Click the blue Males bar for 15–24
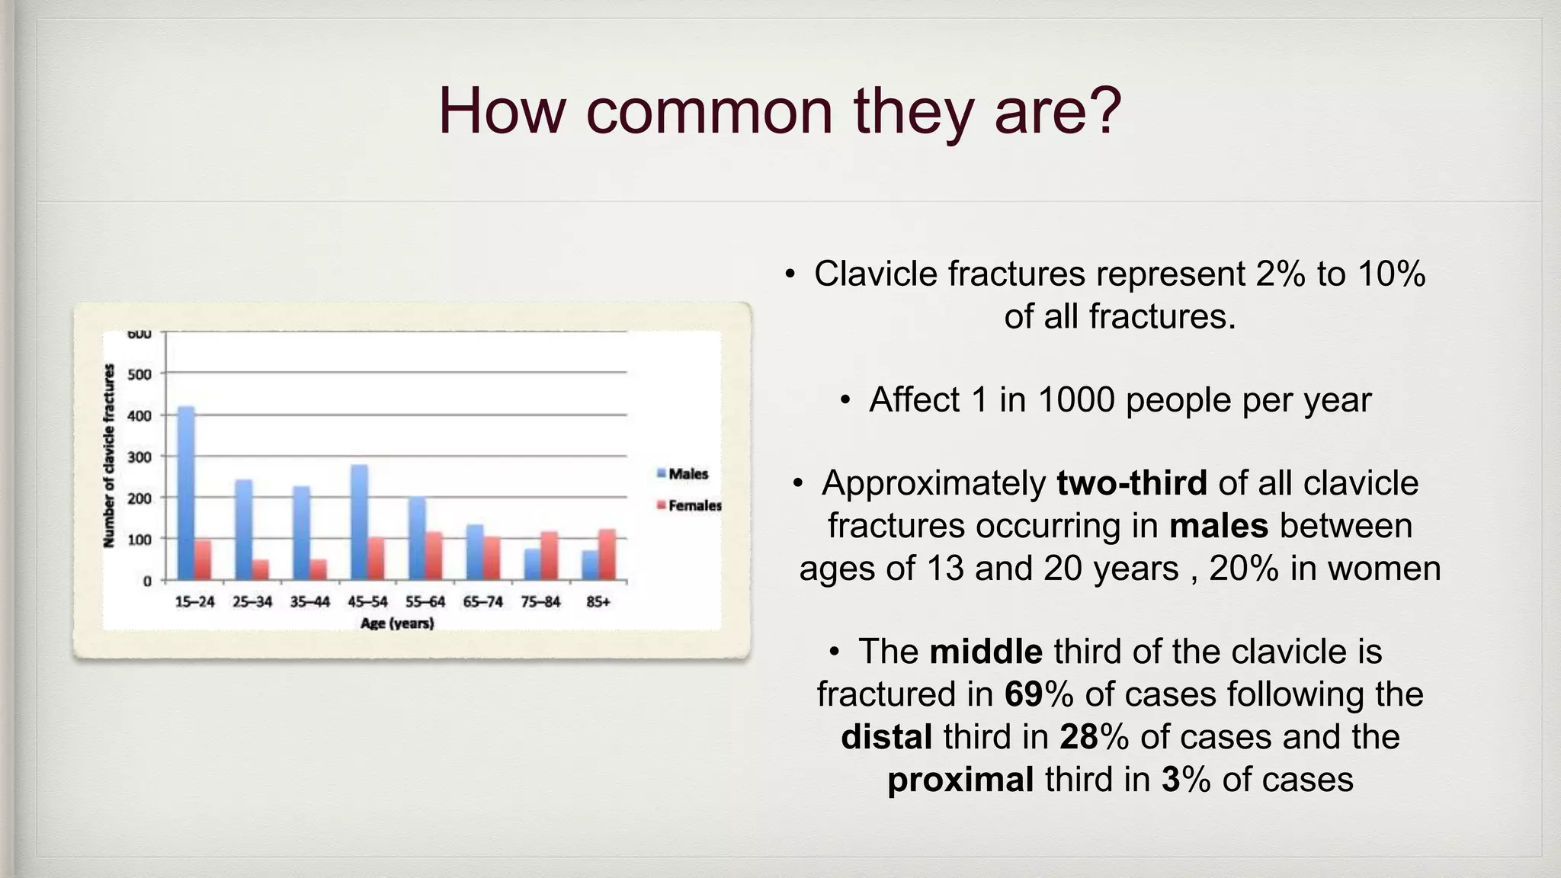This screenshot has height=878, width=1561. (x=186, y=494)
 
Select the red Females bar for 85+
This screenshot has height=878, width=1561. (x=607, y=555)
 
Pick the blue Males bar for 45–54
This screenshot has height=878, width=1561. (x=359, y=523)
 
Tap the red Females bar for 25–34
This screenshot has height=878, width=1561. (x=261, y=570)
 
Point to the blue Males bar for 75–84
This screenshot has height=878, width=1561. (x=533, y=565)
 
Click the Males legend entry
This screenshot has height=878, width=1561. (x=683, y=474)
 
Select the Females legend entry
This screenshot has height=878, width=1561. (x=689, y=505)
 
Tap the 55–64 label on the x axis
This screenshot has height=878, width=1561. (x=425, y=602)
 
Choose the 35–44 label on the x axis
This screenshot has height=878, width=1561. (x=309, y=602)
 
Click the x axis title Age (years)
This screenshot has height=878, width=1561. (x=397, y=623)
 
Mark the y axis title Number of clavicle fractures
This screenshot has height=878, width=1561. (x=109, y=456)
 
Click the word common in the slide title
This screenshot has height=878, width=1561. (x=709, y=111)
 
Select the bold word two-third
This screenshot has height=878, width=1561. (x=1132, y=483)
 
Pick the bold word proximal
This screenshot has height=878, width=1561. (x=960, y=780)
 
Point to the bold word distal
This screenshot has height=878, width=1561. (x=886, y=737)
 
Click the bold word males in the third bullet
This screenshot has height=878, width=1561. (x=1219, y=526)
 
